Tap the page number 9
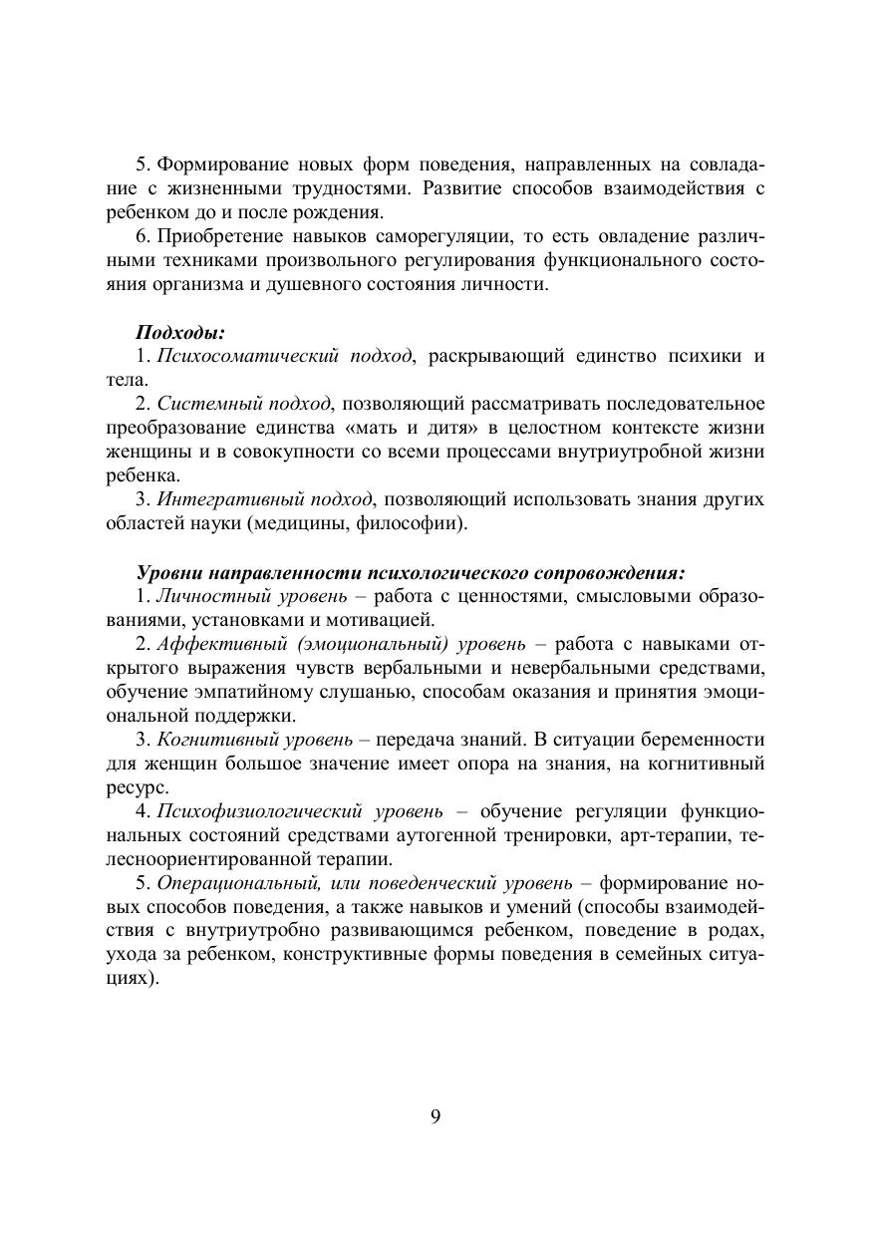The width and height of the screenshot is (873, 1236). (436, 1115)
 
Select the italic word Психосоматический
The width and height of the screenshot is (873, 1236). (235, 356)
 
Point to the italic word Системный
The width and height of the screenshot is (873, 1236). (203, 404)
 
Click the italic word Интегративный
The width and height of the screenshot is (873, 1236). (223, 499)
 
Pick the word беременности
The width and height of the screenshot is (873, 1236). (705, 740)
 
